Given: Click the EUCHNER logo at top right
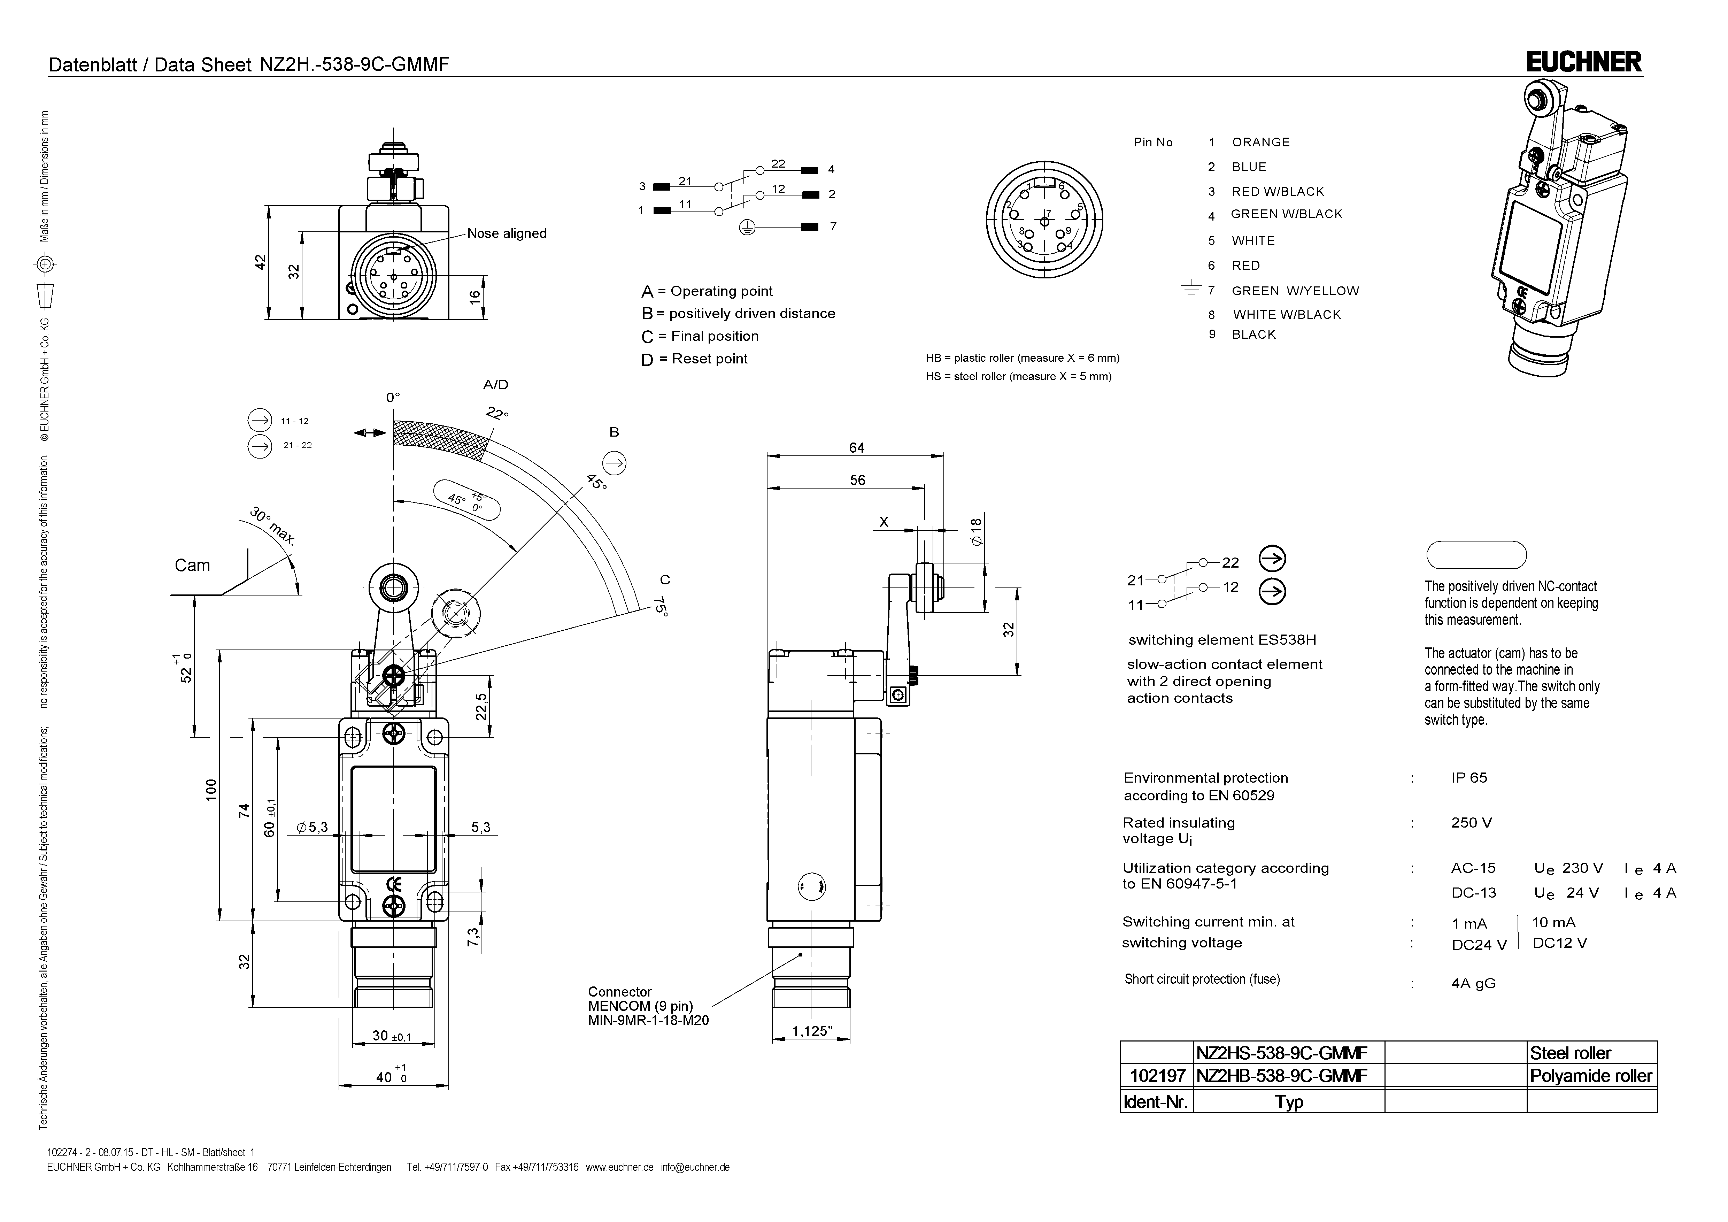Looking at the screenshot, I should point(1583,62).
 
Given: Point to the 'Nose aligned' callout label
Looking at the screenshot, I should point(507,233).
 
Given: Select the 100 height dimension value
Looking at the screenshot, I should point(211,789).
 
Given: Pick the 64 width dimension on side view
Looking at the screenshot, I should point(856,448).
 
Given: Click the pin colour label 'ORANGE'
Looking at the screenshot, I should point(1260,142).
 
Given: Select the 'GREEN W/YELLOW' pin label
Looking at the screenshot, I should point(1295,291).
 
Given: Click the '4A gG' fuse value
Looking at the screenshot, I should point(1473,983).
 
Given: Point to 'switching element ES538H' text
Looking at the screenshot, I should point(1221,640).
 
